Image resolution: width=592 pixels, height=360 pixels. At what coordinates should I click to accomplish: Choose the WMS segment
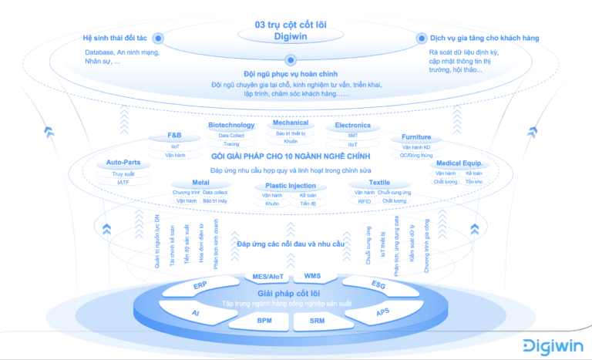tap(312, 275)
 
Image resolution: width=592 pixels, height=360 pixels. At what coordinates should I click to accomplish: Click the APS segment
tap(382, 313)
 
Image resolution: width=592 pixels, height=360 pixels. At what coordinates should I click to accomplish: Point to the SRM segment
tap(317, 320)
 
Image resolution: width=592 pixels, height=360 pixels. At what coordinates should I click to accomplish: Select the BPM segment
tap(264, 320)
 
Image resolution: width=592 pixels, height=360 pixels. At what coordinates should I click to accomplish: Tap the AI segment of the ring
tap(196, 313)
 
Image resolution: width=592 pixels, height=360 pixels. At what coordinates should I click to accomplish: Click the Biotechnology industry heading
tap(231, 125)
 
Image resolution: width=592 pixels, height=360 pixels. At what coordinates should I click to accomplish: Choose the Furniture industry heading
tap(416, 137)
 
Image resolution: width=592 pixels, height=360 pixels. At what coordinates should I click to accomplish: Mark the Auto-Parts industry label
tap(124, 163)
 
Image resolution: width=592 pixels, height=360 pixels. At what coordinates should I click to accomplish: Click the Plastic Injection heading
tap(291, 186)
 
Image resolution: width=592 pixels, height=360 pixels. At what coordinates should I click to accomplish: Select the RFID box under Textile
tap(364, 201)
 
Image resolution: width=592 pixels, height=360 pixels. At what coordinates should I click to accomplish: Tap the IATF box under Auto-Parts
tap(124, 183)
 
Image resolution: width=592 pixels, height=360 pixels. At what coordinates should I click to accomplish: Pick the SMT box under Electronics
tap(352, 135)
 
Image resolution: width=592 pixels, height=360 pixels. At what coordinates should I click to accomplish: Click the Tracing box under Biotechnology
tap(231, 144)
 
